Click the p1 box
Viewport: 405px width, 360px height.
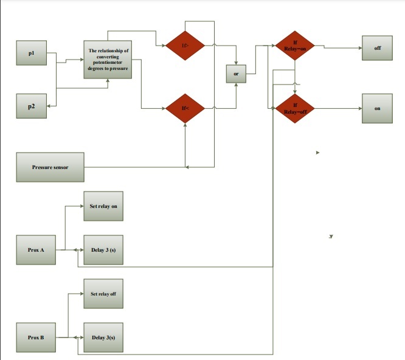click(31, 54)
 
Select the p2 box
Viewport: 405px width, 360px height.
click(31, 106)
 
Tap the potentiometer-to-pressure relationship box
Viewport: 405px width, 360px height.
click(108, 60)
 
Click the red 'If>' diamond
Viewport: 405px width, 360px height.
click(185, 45)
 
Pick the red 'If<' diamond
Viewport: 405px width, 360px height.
click(185, 109)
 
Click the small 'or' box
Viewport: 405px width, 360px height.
click(235, 74)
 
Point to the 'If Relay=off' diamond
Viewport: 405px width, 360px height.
click(295, 109)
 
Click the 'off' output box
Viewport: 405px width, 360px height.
click(378, 48)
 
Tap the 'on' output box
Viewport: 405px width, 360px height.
click(378, 109)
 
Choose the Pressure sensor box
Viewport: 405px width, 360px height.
click(50, 167)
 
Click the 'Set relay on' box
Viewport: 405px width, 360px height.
click(103, 207)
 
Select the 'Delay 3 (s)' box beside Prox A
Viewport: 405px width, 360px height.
click(103, 250)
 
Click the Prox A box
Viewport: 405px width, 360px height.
click(36, 250)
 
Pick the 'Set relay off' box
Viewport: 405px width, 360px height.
click(103, 294)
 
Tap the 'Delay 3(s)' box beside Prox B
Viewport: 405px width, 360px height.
click(103, 337)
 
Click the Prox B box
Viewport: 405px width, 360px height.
click(36, 337)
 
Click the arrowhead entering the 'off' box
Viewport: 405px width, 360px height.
click(360, 49)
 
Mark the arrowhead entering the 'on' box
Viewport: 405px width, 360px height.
click(360, 109)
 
